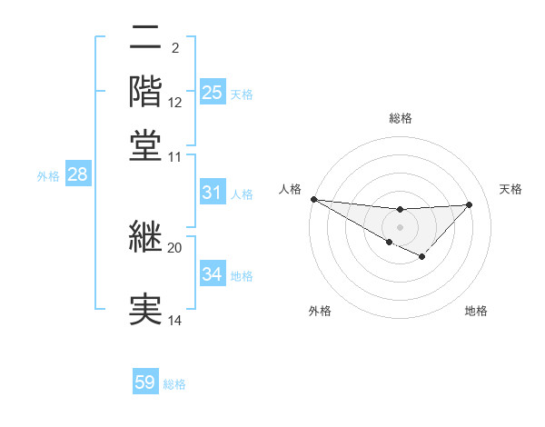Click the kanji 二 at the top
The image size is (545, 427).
[145, 38]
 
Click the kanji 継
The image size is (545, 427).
[145, 238]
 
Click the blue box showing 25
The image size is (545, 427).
[212, 93]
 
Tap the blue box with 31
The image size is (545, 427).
[212, 193]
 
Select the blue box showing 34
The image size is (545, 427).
[212, 274]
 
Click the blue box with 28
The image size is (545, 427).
[77, 175]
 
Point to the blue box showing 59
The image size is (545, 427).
[145, 382]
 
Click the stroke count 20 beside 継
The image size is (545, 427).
[174, 247]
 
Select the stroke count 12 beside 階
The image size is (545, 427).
[175, 102]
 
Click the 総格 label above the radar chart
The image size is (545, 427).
[400, 118]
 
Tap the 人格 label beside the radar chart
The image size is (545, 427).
[290, 189]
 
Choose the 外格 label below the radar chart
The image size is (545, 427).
[319, 311]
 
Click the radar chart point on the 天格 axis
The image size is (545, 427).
[469, 204]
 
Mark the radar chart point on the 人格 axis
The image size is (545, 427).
[313, 199]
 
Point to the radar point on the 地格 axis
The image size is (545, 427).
[421, 257]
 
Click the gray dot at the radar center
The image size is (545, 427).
[400, 226]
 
